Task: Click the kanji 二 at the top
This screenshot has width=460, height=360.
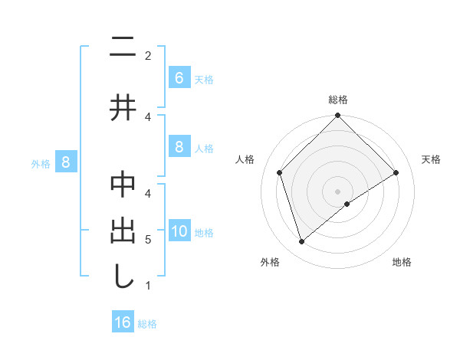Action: (123, 47)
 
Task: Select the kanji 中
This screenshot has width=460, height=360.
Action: (123, 187)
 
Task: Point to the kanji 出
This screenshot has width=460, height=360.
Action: (123, 231)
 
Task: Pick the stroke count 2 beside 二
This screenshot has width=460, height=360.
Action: (148, 55)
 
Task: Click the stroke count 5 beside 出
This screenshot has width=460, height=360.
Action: (148, 240)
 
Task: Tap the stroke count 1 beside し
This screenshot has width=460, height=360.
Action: (148, 286)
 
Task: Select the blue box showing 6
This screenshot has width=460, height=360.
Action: (179, 77)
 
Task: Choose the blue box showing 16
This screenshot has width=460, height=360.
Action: (123, 322)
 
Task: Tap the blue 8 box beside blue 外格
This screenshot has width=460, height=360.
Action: (66, 162)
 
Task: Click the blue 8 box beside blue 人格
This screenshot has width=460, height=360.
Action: (179, 147)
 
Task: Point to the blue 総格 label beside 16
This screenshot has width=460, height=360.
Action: (147, 323)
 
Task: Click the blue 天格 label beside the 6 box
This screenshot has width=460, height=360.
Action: (204, 79)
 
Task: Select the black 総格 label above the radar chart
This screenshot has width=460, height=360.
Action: (337, 100)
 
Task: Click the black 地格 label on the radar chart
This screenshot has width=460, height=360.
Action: (402, 262)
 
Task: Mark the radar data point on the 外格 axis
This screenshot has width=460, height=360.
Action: (302, 242)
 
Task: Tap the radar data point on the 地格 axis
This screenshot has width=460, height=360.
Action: (347, 203)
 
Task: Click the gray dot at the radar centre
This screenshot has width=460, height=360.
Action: (337, 191)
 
